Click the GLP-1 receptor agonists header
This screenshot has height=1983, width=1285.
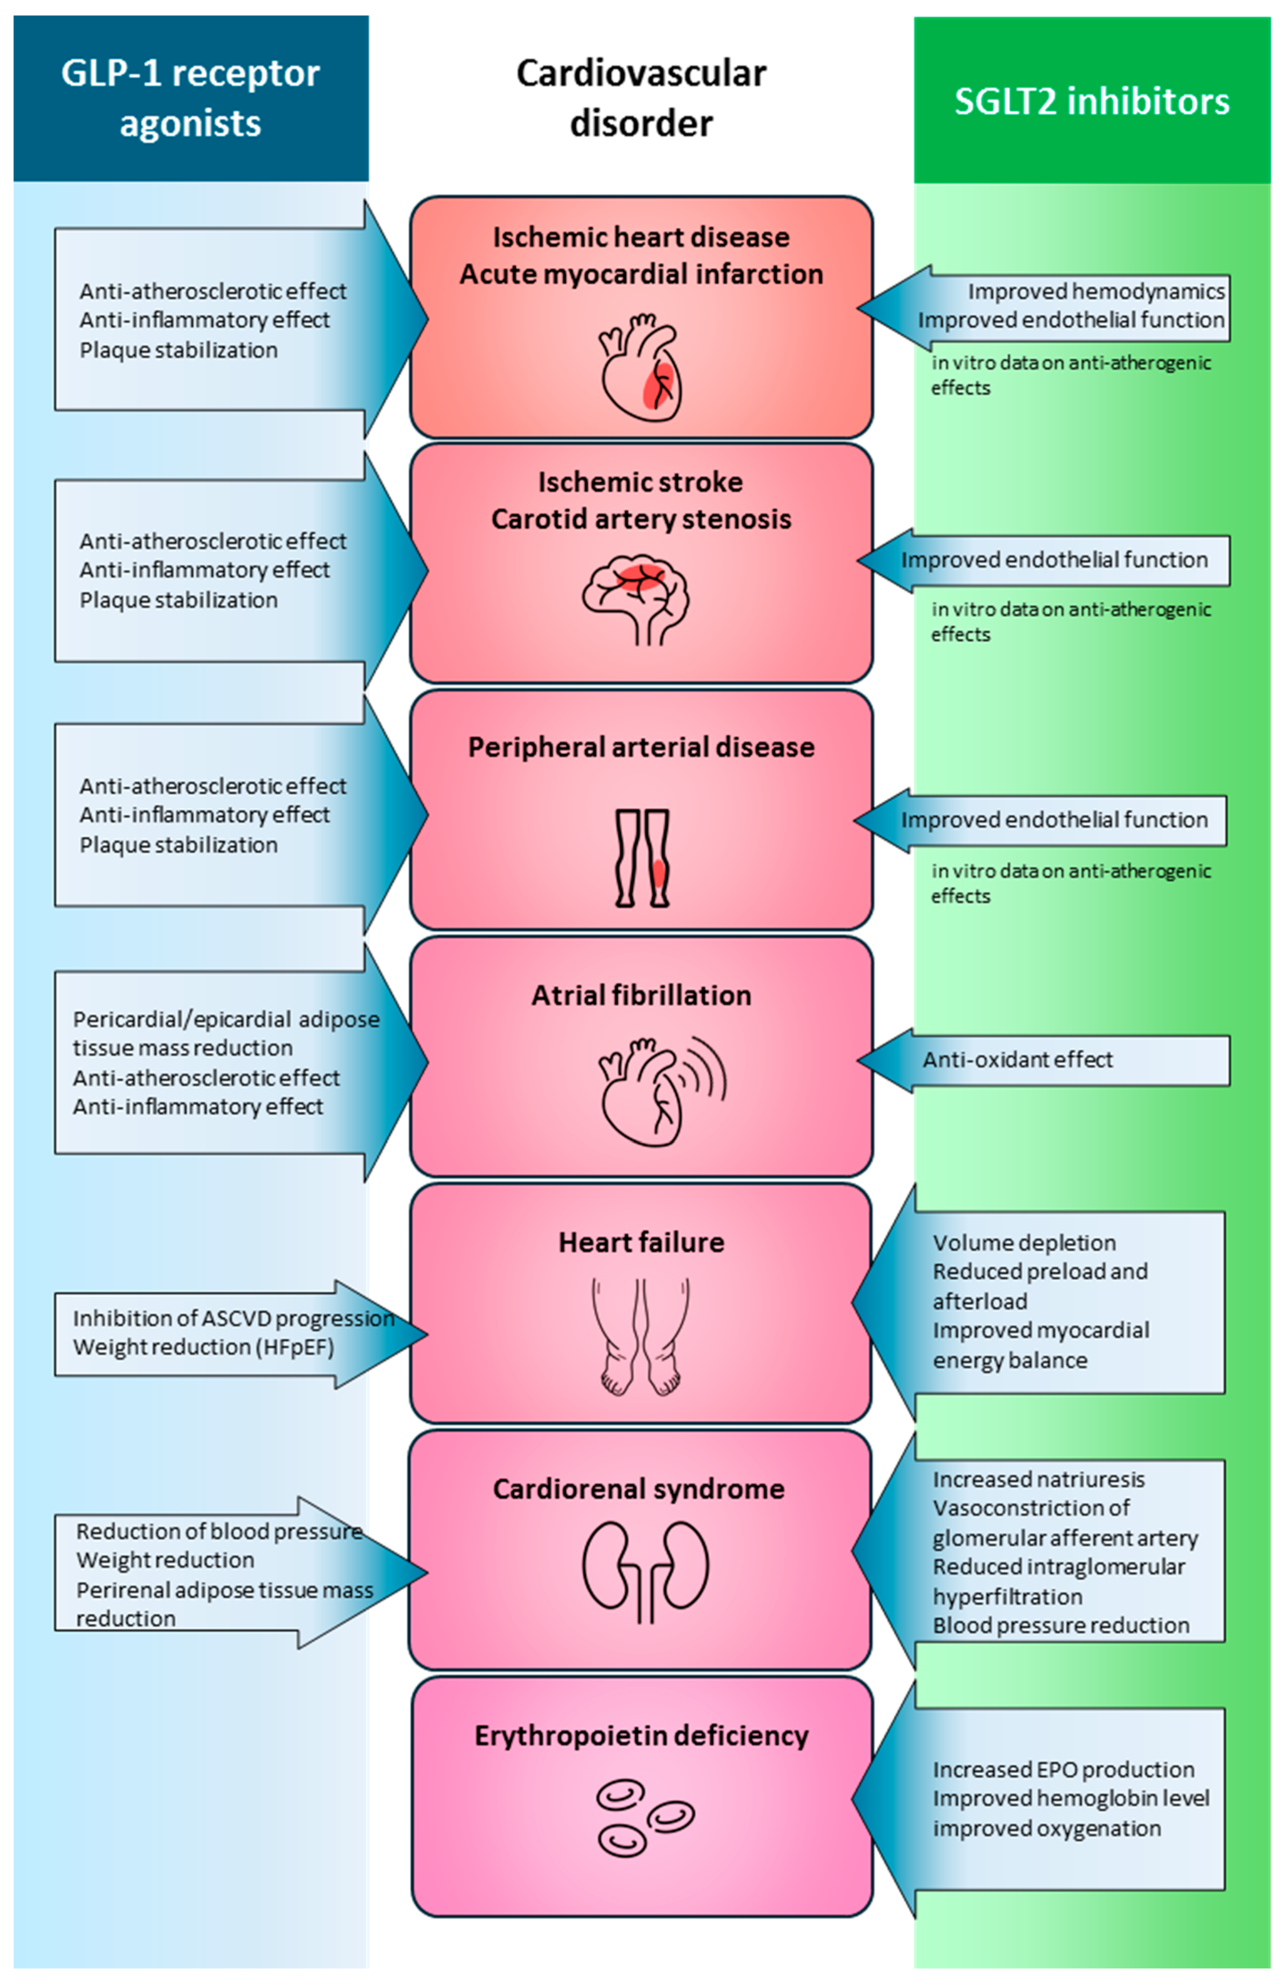click(x=190, y=98)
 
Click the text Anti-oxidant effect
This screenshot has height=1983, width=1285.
click(x=1016, y=1060)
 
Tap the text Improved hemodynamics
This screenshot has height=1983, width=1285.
click(x=1095, y=291)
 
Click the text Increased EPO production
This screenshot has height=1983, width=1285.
click(x=1063, y=1770)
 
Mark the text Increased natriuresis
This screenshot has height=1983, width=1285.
click(x=1038, y=1480)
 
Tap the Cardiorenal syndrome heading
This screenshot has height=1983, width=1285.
click(x=638, y=1489)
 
